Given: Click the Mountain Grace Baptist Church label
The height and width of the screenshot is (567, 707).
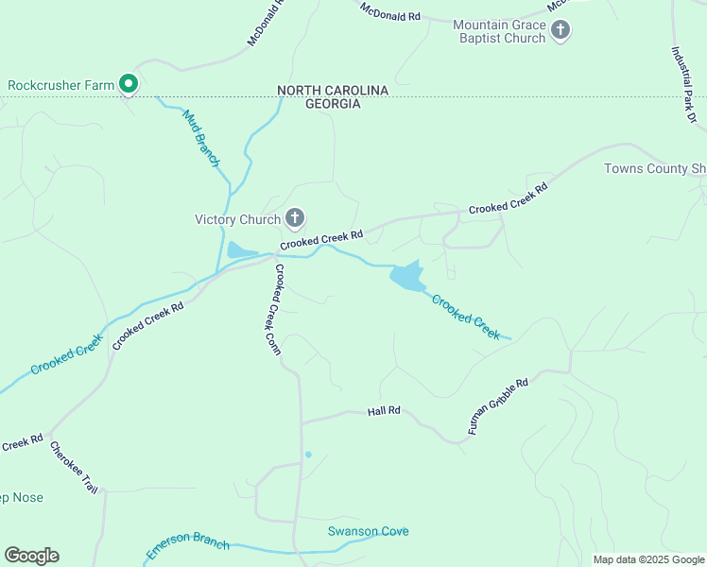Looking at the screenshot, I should (499, 31).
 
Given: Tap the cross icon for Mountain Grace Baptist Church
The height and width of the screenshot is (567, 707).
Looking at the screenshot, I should (560, 31).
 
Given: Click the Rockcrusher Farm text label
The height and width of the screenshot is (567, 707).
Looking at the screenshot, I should (61, 85).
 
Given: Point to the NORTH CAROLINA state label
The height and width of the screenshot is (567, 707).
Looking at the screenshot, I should (333, 90).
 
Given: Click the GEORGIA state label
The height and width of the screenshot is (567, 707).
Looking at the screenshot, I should (333, 104).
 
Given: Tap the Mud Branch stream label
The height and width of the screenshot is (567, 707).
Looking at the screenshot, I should (200, 138).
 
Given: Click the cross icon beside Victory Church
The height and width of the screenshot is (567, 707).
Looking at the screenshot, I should (295, 219).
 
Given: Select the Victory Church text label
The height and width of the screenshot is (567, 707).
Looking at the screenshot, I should (237, 220).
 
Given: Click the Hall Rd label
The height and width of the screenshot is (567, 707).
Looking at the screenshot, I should (385, 411).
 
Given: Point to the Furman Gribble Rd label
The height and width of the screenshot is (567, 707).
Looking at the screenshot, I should (497, 405).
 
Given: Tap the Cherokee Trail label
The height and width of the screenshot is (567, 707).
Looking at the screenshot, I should (72, 467).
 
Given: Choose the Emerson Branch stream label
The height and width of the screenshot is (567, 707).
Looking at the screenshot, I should (188, 545).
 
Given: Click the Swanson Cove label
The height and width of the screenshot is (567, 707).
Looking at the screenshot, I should (368, 531).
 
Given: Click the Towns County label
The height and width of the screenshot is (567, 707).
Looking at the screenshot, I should (654, 169).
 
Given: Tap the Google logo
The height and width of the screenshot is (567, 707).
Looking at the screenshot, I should (31, 556).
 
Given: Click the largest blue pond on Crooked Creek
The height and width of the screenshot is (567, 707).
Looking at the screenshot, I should (406, 277).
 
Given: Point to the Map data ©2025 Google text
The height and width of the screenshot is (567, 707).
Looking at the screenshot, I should (647, 559).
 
